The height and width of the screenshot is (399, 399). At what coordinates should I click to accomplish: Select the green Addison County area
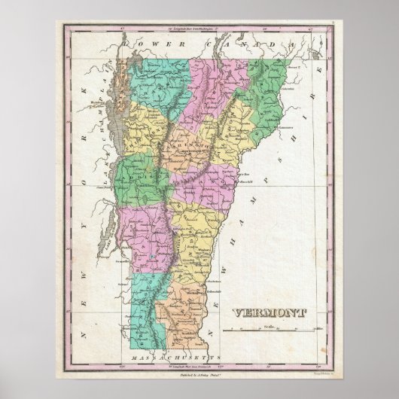143,173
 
